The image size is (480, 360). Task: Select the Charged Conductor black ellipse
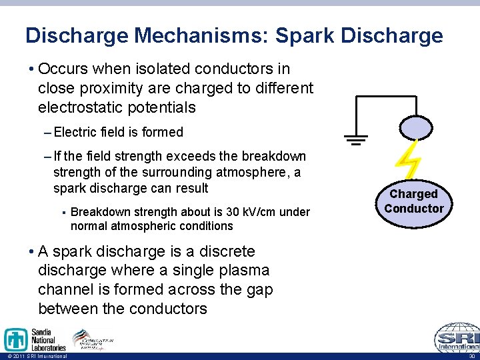pos(413,201)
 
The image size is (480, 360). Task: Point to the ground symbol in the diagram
pos(356,139)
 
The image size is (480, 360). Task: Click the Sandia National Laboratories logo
pos(35,339)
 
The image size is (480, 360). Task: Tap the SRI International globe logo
pos(457,338)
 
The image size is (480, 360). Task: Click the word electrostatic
pos(80,107)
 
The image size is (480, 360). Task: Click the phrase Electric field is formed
pos(119,132)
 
